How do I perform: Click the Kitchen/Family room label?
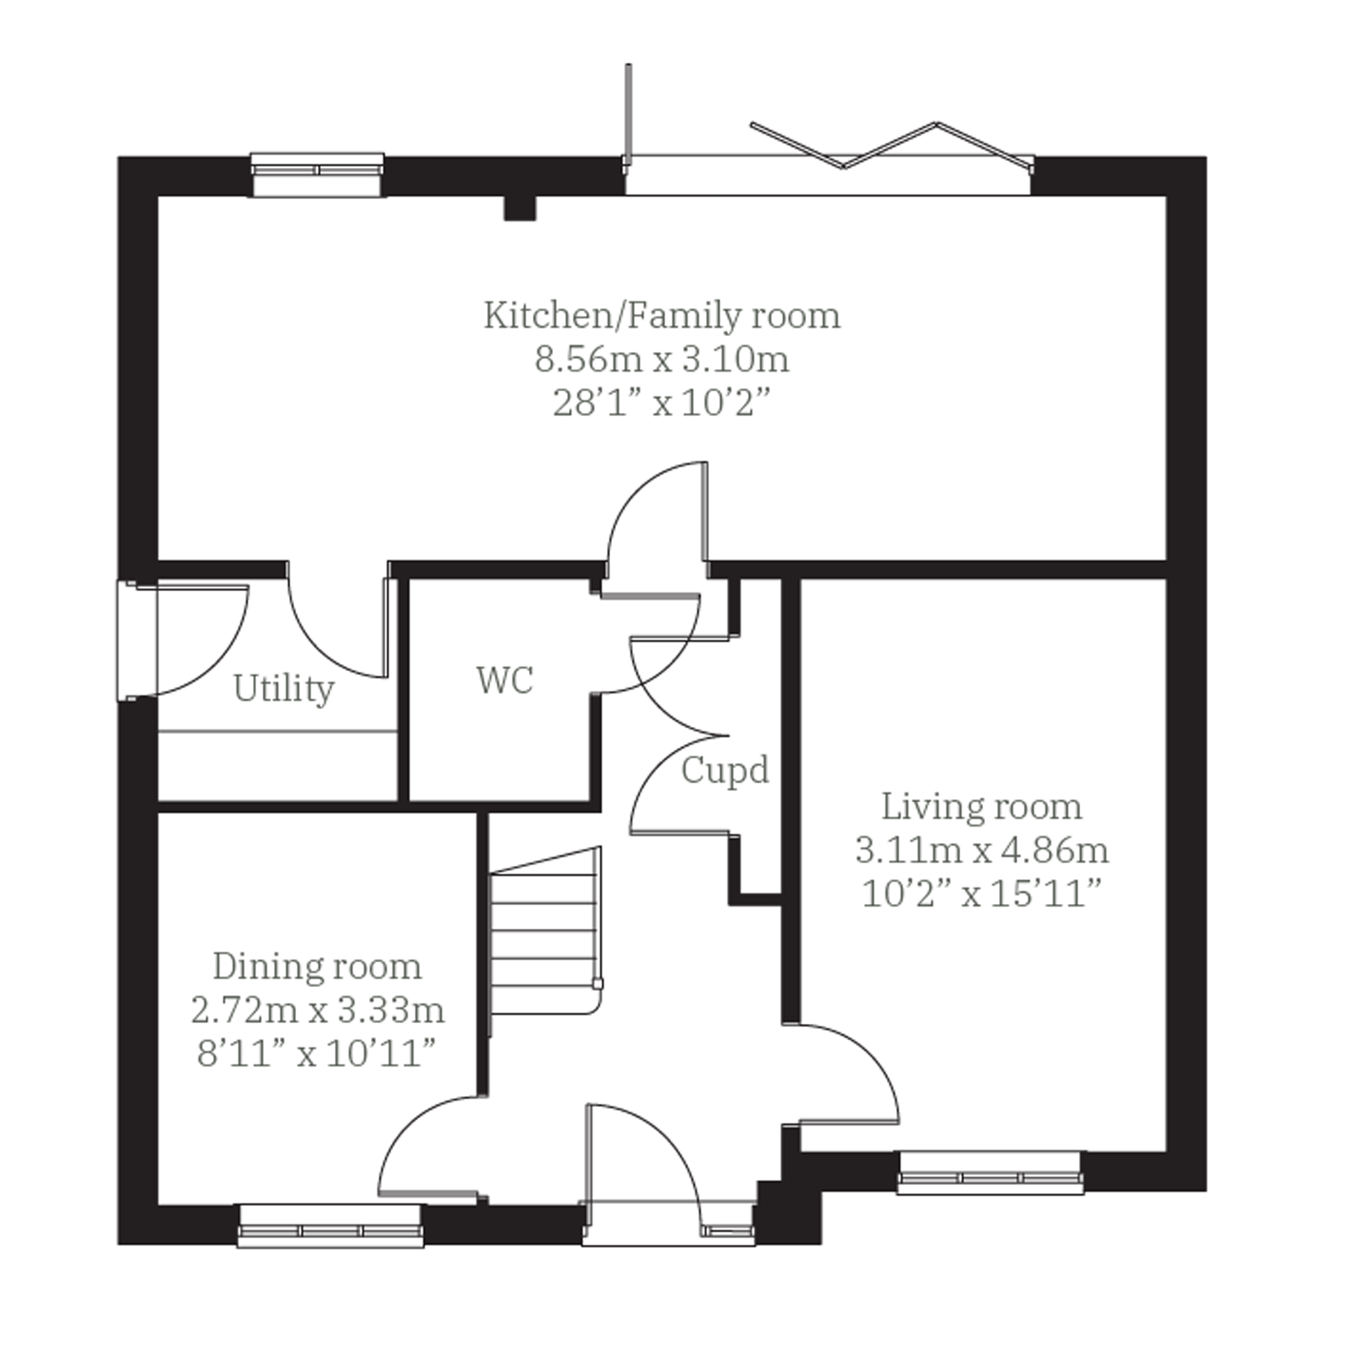click(662, 316)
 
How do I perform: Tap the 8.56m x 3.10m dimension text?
click(662, 360)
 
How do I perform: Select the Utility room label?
click(283, 689)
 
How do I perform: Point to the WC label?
click(506, 680)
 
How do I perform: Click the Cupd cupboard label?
click(725, 770)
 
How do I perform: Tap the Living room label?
click(982, 806)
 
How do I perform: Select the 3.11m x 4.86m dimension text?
click(982, 850)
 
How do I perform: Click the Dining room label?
click(317, 967)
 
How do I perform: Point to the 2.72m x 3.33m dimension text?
click(317, 1010)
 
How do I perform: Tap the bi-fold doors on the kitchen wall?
click(891, 146)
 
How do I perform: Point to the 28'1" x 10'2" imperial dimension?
click(662, 404)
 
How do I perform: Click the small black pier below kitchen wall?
click(520, 208)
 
